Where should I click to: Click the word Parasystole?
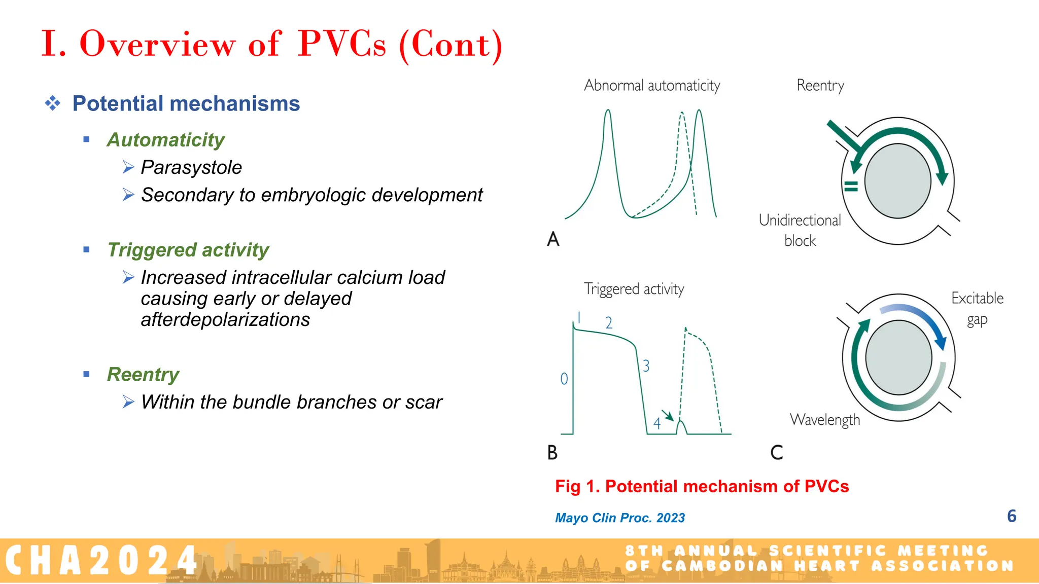(191, 168)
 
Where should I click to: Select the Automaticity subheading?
(165, 140)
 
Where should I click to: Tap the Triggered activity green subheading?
(188, 250)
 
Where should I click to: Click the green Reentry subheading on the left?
(143, 375)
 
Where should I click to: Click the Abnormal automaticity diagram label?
(652, 85)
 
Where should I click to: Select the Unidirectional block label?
(800, 230)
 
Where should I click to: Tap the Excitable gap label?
(977, 308)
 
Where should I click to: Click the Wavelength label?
(825, 420)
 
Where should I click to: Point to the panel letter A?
(553, 239)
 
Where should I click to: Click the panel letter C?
(776, 452)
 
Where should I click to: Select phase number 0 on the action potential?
(564, 379)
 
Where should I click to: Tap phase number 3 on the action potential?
(646, 366)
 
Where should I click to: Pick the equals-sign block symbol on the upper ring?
(851, 186)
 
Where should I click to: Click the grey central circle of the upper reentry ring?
(897, 180)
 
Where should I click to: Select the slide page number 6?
(1011, 516)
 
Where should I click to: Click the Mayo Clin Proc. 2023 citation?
(619, 518)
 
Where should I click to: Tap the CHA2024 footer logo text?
(101, 561)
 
